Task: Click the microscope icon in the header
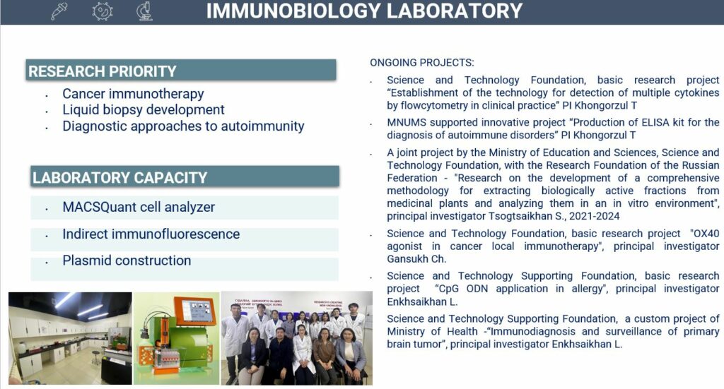click(145, 11)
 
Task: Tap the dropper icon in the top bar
click(59, 11)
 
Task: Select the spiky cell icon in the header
click(103, 11)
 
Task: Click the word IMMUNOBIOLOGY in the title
click(291, 11)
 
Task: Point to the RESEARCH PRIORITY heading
click(102, 71)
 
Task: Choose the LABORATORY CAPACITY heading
click(119, 178)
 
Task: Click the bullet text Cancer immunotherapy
click(133, 94)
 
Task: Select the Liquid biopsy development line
click(144, 110)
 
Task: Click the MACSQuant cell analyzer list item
click(139, 208)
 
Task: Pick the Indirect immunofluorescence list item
click(151, 234)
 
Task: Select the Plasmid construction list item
click(127, 261)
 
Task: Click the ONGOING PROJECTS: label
click(422, 63)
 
